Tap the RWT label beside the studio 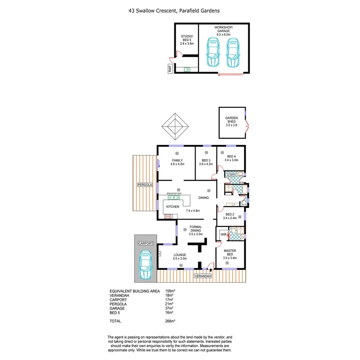click(170, 69)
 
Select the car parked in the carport click(146, 264)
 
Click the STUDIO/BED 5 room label click(187, 40)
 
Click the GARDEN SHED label click(232, 121)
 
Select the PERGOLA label click(145, 185)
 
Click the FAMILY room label click(177, 162)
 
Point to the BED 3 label click(206, 162)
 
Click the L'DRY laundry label click(231, 175)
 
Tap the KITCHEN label click(173, 207)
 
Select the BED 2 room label click(230, 216)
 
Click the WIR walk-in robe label click(222, 234)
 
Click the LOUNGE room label click(180, 257)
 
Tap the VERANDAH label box click(203, 276)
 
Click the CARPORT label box click(146, 243)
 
